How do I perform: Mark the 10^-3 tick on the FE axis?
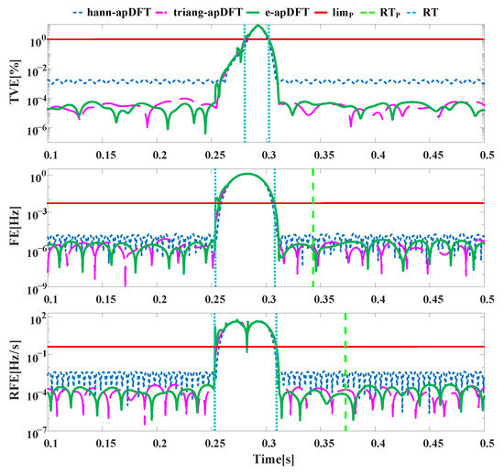(31, 212)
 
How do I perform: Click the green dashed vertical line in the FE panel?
(312, 229)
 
